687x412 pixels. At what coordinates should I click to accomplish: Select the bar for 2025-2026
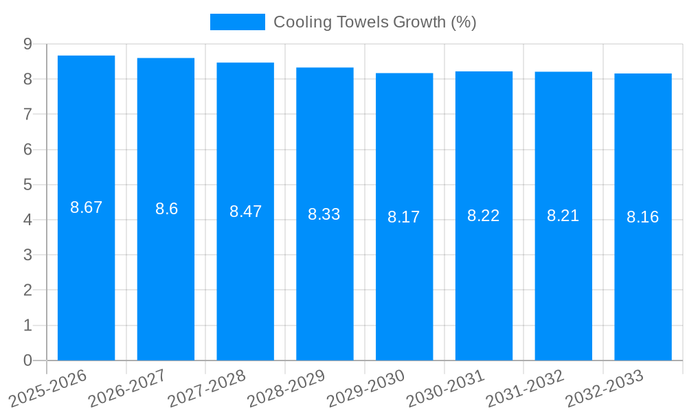(x=86, y=275)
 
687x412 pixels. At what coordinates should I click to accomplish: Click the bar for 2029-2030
(x=404, y=288)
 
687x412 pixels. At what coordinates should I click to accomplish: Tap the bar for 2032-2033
(x=643, y=288)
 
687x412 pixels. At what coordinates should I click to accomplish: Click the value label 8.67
(x=86, y=207)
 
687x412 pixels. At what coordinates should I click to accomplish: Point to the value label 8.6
(x=166, y=209)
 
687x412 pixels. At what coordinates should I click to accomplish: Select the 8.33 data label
(x=324, y=214)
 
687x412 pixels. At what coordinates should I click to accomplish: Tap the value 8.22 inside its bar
(x=484, y=216)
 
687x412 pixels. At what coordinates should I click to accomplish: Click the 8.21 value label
(x=563, y=216)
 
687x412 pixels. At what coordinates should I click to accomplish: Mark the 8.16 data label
(x=643, y=217)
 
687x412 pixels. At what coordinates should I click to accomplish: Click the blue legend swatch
(x=237, y=22)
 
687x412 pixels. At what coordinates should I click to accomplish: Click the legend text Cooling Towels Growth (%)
(x=375, y=22)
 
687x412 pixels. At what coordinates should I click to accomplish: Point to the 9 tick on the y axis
(x=27, y=44)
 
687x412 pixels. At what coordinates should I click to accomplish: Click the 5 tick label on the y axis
(x=27, y=185)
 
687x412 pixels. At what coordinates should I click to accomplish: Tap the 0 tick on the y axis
(x=27, y=360)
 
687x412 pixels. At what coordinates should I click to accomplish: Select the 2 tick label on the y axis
(x=27, y=290)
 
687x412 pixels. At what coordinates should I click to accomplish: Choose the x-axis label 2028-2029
(x=286, y=389)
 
